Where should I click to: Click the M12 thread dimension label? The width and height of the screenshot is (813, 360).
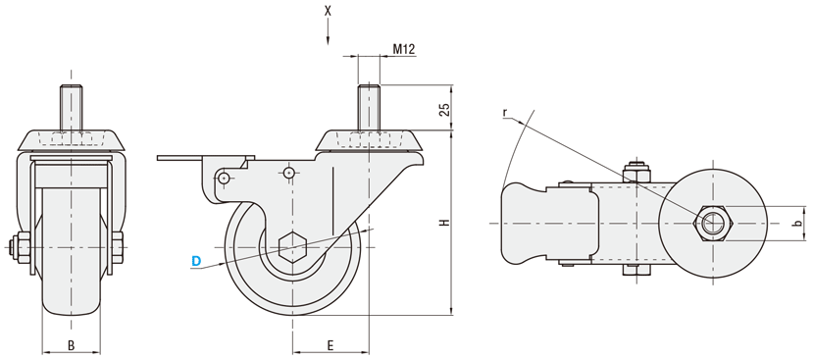click(x=403, y=49)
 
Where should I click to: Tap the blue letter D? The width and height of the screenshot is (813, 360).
click(x=196, y=262)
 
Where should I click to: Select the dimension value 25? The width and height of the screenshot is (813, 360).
click(x=444, y=110)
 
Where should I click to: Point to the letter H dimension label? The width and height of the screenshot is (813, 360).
click(x=444, y=223)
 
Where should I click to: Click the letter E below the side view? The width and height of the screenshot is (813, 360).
click(x=330, y=345)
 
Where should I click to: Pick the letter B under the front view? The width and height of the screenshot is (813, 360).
click(x=71, y=345)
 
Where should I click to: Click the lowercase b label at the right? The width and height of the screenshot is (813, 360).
click(x=798, y=223)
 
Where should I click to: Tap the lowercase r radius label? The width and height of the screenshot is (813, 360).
click(x=504, y=113)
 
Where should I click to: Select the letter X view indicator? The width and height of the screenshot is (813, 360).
click(x=328, y=11)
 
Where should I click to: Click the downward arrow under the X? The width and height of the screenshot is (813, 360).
click(x=328, y=32)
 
